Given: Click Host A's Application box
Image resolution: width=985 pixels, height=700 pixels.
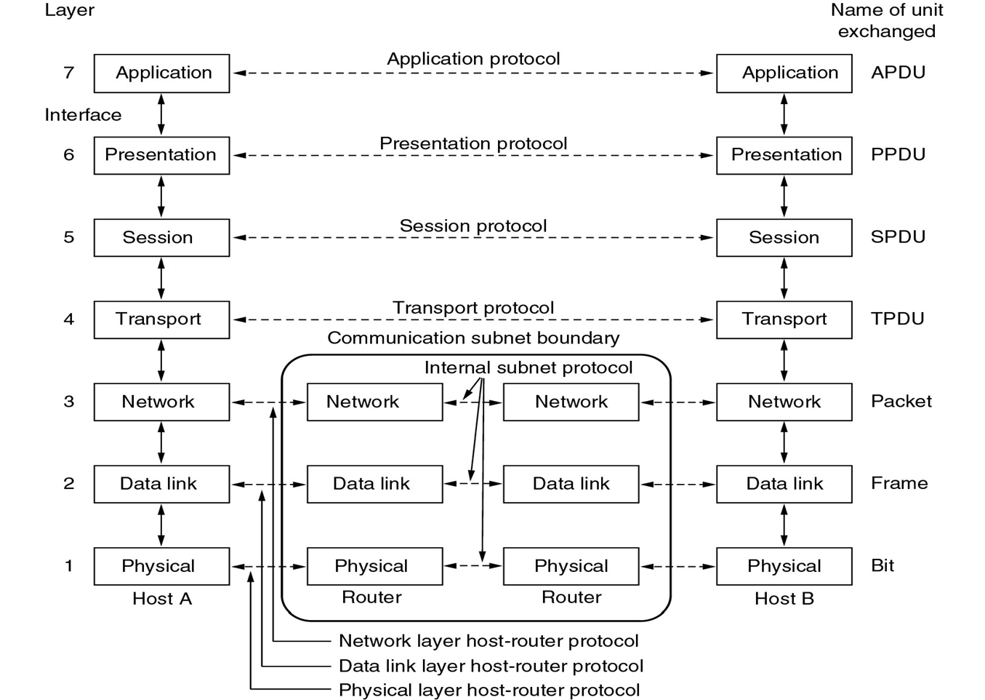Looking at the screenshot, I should [161, 73].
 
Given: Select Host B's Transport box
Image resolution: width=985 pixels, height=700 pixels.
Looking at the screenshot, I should [784, 319].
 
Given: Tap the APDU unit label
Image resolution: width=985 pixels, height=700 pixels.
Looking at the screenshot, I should [898, 73].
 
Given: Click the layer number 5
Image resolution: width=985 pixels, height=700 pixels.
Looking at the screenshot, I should [69, 237].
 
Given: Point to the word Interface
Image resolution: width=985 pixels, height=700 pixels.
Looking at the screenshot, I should [83, 115].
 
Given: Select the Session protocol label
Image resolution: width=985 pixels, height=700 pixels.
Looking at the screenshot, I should [473, 226].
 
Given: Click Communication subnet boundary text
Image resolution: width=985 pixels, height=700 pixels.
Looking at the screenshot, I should [473, 338].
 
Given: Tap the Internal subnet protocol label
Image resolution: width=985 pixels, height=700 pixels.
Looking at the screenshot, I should [528, 367].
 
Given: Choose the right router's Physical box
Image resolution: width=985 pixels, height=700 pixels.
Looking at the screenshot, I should [571, 566].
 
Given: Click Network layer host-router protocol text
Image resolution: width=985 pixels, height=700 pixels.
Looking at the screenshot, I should [489, 641].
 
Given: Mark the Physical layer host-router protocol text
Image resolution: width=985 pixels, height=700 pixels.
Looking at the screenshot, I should [489, 690].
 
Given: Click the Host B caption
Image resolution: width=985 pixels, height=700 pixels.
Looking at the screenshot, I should [784, 599].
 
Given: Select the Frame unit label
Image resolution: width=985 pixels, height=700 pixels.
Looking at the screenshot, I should [899, 483].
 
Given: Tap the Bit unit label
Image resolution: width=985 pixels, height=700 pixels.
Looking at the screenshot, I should [883, 565].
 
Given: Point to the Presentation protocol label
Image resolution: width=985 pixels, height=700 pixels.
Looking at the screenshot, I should [473, 143].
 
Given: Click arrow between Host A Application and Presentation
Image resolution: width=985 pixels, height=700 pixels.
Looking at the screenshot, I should [161, 114].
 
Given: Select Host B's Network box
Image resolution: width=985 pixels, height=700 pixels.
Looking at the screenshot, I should [784, 402].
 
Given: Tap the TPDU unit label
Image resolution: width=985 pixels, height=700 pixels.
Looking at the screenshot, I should [898, 319].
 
